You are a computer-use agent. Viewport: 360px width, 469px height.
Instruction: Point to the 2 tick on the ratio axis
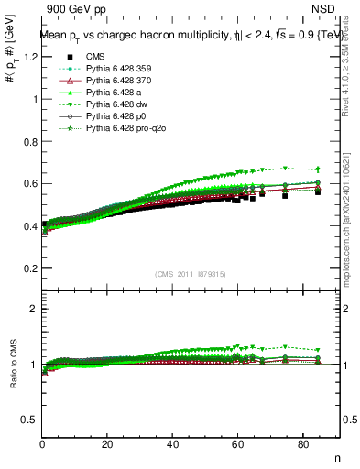click(32, 309)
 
